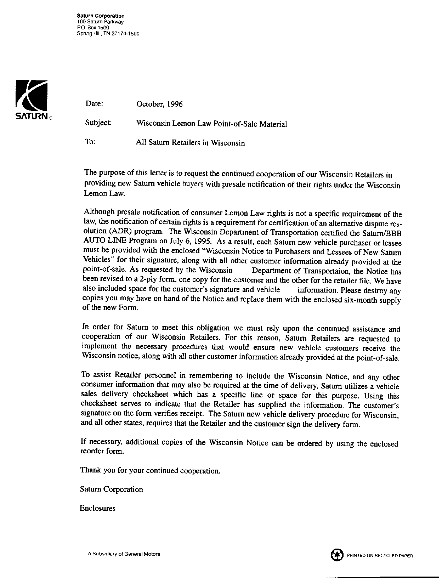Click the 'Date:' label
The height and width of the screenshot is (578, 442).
tap(94, 104)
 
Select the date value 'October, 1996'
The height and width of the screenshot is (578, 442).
tap(159, 104)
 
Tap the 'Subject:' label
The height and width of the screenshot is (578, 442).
tap(98, 123)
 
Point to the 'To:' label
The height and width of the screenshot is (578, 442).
tap(90, 142)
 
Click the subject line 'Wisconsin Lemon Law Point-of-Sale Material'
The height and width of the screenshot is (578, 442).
tap(211, 124)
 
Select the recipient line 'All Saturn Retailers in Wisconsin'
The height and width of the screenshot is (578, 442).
tap(191, 143)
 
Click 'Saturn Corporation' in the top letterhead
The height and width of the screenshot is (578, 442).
tap(101, 16)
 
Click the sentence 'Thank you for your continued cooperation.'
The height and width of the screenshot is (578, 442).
tap(151, 471)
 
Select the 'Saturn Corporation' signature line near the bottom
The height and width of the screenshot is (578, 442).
tap(112, 489)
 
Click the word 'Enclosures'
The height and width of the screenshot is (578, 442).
tap(98, 508)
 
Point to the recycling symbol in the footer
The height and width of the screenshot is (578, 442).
tap(337, 555)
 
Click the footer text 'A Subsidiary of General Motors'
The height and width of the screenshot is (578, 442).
tap(124, 554)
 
